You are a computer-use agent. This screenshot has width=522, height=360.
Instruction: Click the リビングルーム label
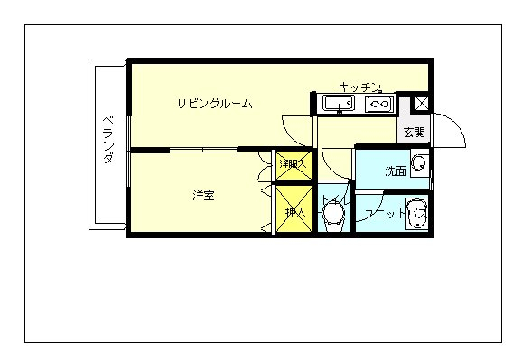(x=214, y=104)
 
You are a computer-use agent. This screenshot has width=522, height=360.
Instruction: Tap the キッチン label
(x=360, y=87)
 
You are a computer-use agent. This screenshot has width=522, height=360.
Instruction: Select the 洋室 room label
(x=202, y=195)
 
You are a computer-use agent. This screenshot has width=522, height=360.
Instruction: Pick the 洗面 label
(x=395, y=171)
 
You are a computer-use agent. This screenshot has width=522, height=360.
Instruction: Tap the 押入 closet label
(x=294, y=213)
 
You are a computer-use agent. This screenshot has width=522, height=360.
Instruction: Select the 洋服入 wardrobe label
(x=292, y=164)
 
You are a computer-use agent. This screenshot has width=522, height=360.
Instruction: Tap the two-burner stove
(x=379, y=105)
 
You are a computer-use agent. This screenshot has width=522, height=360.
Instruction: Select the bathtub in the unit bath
(x=416, y=215)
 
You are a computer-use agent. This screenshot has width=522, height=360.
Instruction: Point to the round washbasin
(x=419, y=164)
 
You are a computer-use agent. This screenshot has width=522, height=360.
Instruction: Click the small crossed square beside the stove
(x=420, y=103)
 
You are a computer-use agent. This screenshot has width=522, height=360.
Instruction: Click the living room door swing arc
(x=295, y=131)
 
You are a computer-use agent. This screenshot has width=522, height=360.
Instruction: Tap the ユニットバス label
(x=388, y=215)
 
